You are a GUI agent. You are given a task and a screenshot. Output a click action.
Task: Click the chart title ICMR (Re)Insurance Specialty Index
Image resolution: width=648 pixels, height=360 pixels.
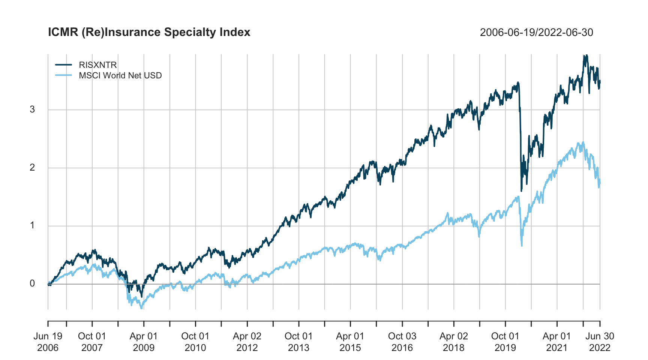click(x=149, y=32)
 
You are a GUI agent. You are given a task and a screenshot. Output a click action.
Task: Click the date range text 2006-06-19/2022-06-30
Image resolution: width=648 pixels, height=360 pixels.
click(x=536, y=33)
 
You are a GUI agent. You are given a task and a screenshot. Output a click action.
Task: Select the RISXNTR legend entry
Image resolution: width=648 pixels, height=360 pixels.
click(x=97, y=65)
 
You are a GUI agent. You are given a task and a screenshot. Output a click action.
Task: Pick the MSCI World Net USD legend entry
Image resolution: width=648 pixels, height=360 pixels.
click(x=120, y=75)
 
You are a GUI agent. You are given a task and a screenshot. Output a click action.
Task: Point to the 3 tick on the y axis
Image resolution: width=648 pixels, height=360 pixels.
click(x=32, y=109)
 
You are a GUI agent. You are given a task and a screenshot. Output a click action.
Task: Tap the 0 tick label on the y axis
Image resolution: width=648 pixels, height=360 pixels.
click(x=32, y=283)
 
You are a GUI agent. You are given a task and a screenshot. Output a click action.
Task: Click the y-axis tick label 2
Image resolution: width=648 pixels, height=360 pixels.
click(x=32, y=168)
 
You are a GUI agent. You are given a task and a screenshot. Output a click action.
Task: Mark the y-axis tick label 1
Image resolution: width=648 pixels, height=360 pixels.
click(x=32, y=225)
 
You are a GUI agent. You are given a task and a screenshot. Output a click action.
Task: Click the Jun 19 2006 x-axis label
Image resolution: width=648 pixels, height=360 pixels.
click(x=48, y=342)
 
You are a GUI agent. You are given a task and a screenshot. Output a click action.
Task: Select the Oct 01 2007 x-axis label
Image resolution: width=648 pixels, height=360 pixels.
click(x=92, y=342)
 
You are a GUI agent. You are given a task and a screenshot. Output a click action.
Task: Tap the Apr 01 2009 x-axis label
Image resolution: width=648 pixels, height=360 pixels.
click(x=144, y=342)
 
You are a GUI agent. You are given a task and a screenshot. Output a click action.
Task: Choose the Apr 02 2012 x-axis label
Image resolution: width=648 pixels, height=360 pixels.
click(x=247, y=342)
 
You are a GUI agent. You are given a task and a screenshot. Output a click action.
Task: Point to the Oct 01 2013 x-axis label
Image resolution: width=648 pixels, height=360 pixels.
click(x=298, y=342)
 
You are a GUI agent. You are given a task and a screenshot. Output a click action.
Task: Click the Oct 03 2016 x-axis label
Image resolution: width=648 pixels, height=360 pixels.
click(x=402, y=342)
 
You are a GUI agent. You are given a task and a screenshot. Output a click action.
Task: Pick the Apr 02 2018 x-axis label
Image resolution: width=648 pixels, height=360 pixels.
click(x=454, y=342)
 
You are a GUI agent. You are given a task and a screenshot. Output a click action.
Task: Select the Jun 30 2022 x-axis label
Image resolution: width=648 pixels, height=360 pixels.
click(x=600, y=342)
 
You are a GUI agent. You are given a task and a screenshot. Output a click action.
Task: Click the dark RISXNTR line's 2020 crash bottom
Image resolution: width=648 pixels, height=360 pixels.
click(x=521, y=191)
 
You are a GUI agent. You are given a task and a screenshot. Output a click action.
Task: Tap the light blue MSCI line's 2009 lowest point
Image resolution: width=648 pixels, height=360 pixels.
click(x=141, y=308)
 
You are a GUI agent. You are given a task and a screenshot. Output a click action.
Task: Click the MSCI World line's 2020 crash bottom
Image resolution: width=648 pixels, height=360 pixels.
click(x=522, y=246)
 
